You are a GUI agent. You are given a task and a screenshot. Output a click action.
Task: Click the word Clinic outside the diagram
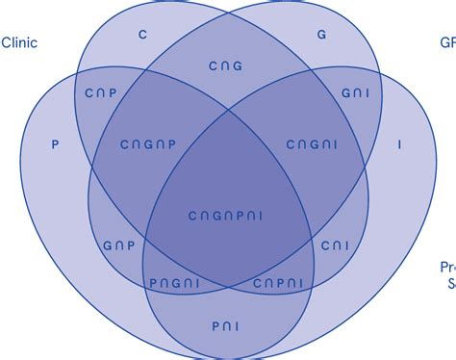coord(21,42)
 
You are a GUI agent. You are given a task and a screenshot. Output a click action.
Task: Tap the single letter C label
coord(142,35)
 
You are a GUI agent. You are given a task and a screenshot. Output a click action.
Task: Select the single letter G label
coord(321,35)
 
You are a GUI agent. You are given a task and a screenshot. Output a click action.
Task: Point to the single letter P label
coord(55,144)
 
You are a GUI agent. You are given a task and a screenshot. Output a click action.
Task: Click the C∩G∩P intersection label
coord(148,144)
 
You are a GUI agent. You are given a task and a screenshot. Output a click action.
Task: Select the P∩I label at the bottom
coord(227,327)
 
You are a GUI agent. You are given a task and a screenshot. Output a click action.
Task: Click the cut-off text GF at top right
coord(447,42)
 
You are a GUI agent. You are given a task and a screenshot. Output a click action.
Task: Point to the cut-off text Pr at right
coord(447,267)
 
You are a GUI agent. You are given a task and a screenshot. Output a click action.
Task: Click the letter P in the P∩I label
coord(215,327)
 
